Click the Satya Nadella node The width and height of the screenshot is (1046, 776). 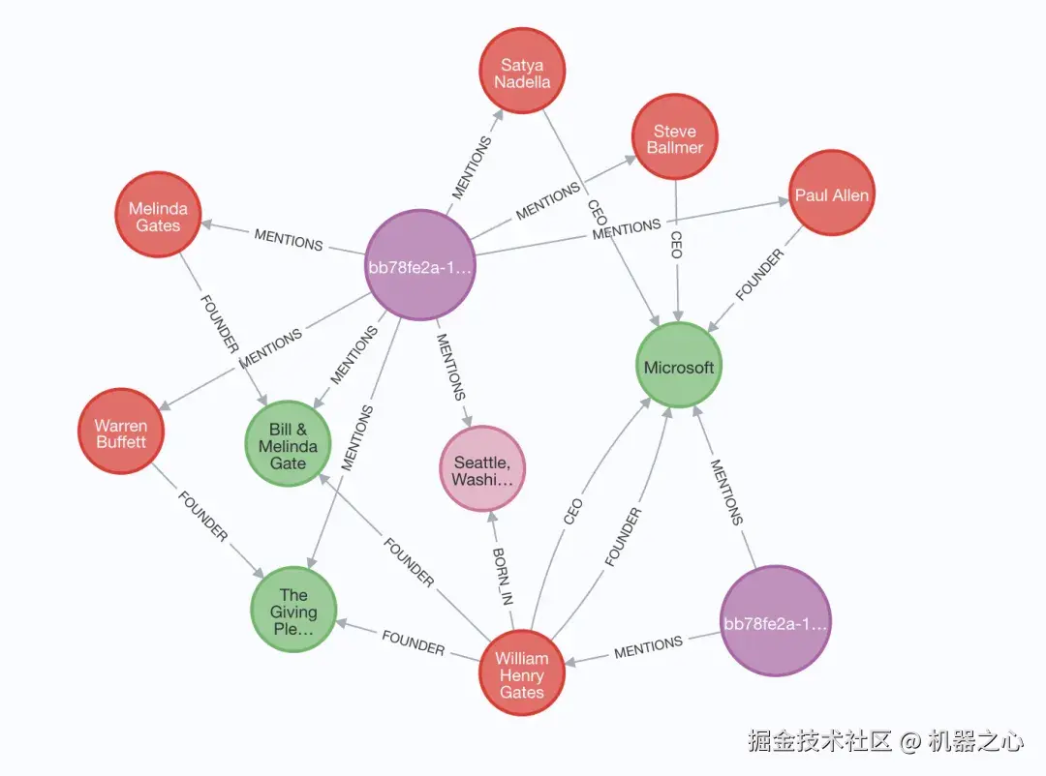522,73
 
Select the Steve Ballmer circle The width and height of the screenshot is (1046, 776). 675,138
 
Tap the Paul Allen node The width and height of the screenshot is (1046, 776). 831,194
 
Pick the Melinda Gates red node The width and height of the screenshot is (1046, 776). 158,216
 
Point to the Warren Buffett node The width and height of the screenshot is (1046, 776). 121,433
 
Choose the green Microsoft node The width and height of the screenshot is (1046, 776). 679,367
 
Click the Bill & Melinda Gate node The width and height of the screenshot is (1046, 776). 288,446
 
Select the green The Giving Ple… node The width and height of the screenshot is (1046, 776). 293,612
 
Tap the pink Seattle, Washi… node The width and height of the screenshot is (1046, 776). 482,469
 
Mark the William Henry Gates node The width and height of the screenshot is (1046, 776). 521,674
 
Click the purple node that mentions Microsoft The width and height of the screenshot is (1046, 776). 776,622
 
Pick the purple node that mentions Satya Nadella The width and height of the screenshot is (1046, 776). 420,266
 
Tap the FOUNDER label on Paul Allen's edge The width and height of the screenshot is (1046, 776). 759,275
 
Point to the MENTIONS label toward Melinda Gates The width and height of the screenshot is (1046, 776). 288,240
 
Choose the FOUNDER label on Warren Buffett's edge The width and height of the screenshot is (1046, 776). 201,517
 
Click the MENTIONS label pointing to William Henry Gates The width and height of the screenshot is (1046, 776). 648,646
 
